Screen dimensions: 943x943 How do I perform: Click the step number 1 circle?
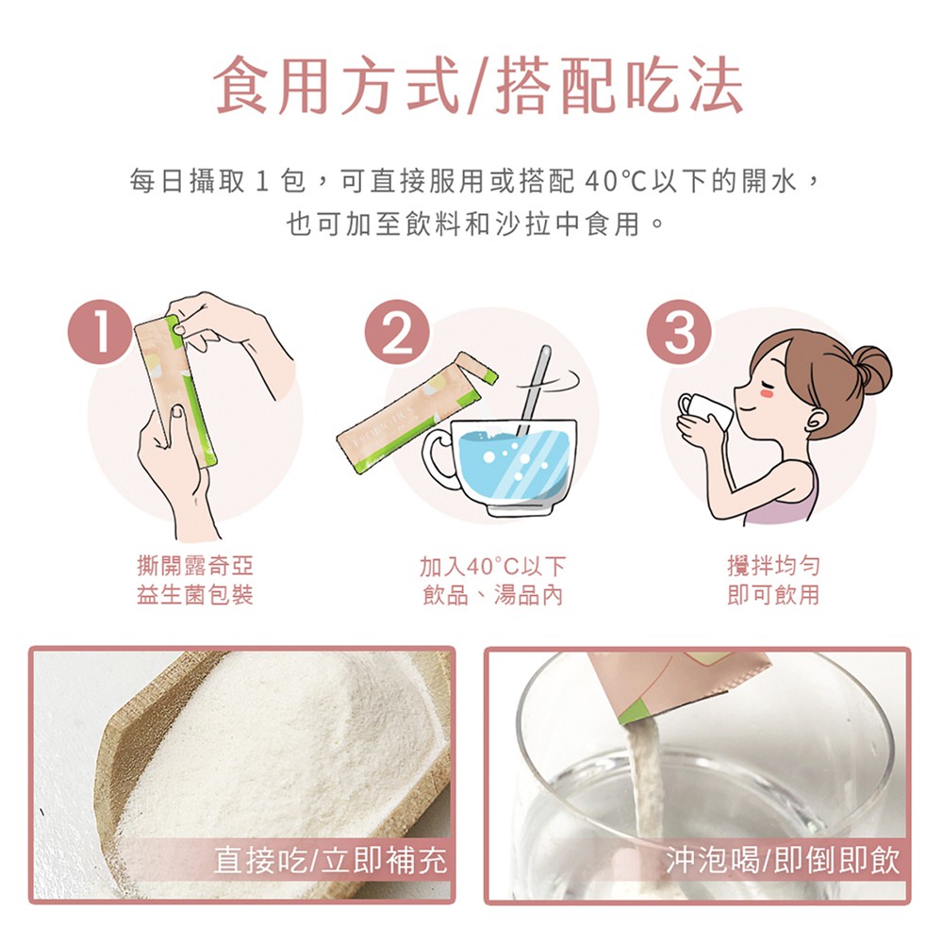coord(100,332)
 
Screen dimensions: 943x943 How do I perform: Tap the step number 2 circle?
coord(398,332)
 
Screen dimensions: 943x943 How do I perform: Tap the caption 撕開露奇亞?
coord(195,565)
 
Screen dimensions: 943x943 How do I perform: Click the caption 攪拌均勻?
coord(773,565)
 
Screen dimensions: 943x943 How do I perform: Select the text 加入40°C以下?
coord(492,566)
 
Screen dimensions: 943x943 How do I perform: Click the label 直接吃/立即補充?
coord(331,860)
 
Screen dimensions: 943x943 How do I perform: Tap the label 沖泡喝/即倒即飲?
coord(783,860)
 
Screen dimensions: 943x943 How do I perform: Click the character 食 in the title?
coord(241,86)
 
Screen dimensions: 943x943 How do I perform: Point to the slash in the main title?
coord(477,86)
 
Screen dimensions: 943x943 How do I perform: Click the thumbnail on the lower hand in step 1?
coord(177,411)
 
